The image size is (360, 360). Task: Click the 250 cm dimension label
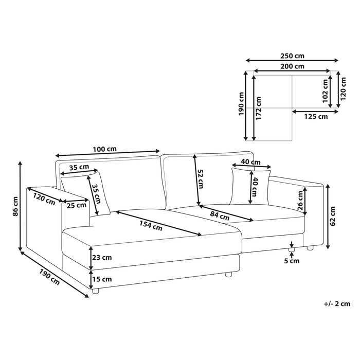pos(292,56)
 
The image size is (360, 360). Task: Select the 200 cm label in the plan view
pos(292,66)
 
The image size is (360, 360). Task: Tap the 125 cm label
pos(316,117)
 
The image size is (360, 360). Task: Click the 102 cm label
pos(325,91)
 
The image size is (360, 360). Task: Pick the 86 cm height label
pos(15,206)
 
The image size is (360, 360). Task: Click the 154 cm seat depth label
pos(151,226)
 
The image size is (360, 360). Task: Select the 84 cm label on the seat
pos(220,215)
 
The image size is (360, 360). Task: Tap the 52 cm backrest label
pos(201,179)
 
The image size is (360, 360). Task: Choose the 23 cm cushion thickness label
pos(102,258)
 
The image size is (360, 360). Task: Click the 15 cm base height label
pos(102,279)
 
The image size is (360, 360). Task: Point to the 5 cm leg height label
pos(292,261)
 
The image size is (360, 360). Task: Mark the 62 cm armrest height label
pos(332,217)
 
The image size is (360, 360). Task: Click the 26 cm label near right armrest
pos(300,201)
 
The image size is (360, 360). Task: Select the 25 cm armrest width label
pos(77,205)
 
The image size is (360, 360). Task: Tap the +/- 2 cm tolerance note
pos(337,304)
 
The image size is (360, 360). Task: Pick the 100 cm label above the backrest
pos(105,149)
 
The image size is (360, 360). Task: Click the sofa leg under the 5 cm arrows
pos(291,250)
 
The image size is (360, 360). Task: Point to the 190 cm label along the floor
pos(49,277)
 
